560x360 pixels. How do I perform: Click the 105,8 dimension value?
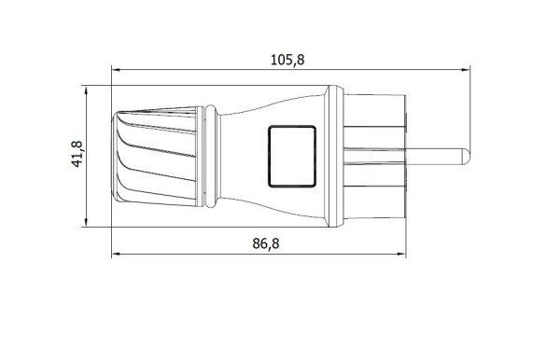287,60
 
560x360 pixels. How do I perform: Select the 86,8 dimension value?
266,243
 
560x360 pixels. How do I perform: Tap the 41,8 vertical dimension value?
77,154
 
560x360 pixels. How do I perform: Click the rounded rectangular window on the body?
292,157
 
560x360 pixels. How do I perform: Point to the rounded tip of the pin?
467,157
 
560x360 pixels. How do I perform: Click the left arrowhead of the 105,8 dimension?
116,70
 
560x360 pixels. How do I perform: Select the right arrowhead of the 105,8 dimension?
466,70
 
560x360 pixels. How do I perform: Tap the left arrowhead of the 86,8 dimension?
116,255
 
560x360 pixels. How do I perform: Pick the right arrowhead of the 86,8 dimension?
401,255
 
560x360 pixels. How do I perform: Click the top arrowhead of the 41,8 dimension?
86,90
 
